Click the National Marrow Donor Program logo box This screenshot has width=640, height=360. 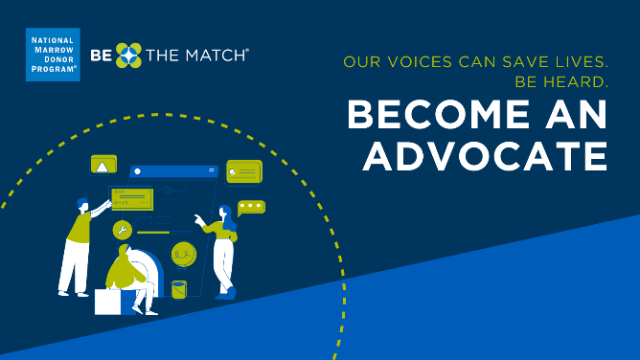pos(53,56)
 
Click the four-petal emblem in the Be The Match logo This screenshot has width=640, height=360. pos(128,56)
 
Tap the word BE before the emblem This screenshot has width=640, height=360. pos(101,56)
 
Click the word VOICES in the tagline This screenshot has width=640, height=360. pos(425,64)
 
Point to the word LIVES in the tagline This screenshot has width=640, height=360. pos(579,64)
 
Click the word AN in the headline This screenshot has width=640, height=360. pos(581,116)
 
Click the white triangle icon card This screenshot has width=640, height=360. pos(103,166)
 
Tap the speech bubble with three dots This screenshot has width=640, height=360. pos(251,206)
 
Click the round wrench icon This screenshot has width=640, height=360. pos(121,230)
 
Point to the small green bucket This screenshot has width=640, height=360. pos(179,288)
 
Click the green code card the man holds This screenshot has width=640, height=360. pos(131,199)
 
